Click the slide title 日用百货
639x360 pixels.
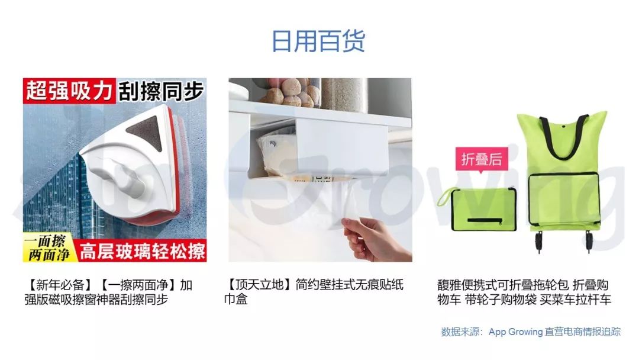(x=318, y=41)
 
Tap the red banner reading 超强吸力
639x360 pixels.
(x=69, y=91)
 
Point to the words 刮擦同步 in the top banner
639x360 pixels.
(x=161, y=91)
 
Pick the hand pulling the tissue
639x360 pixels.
(x=376, y=239)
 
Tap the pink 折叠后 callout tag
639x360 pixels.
(x=481, y=159)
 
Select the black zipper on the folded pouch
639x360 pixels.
(x=485, y=221)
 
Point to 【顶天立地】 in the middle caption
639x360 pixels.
(x=260, y=284)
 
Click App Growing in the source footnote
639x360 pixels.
(x=515, y=332)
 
